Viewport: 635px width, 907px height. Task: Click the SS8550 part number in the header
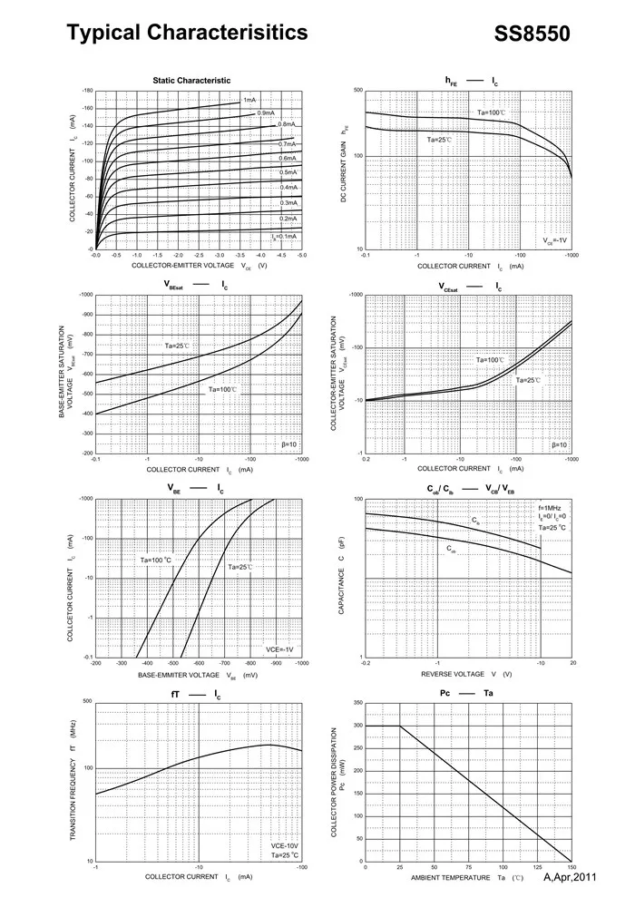click(532, 34)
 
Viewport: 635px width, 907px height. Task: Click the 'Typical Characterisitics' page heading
click(188, 34)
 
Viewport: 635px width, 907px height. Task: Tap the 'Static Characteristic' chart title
click(191, 81)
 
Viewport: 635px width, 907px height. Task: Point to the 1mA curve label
click(249, 100)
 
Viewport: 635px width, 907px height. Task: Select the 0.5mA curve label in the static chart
click(288, 172)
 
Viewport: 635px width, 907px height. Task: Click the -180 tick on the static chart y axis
click(87, 92)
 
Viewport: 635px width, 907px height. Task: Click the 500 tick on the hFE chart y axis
click(358, 92)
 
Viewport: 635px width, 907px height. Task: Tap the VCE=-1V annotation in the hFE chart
click(555, 241)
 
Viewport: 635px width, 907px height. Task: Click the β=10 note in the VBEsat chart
click(290, 444)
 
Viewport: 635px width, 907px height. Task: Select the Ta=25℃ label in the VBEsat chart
click(178, 346)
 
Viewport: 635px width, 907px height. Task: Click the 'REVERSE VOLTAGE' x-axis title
click(453, 675)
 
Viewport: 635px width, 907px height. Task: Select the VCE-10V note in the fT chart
click(286, 844)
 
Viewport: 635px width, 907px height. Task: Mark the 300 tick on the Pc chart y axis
click(357, 726)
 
